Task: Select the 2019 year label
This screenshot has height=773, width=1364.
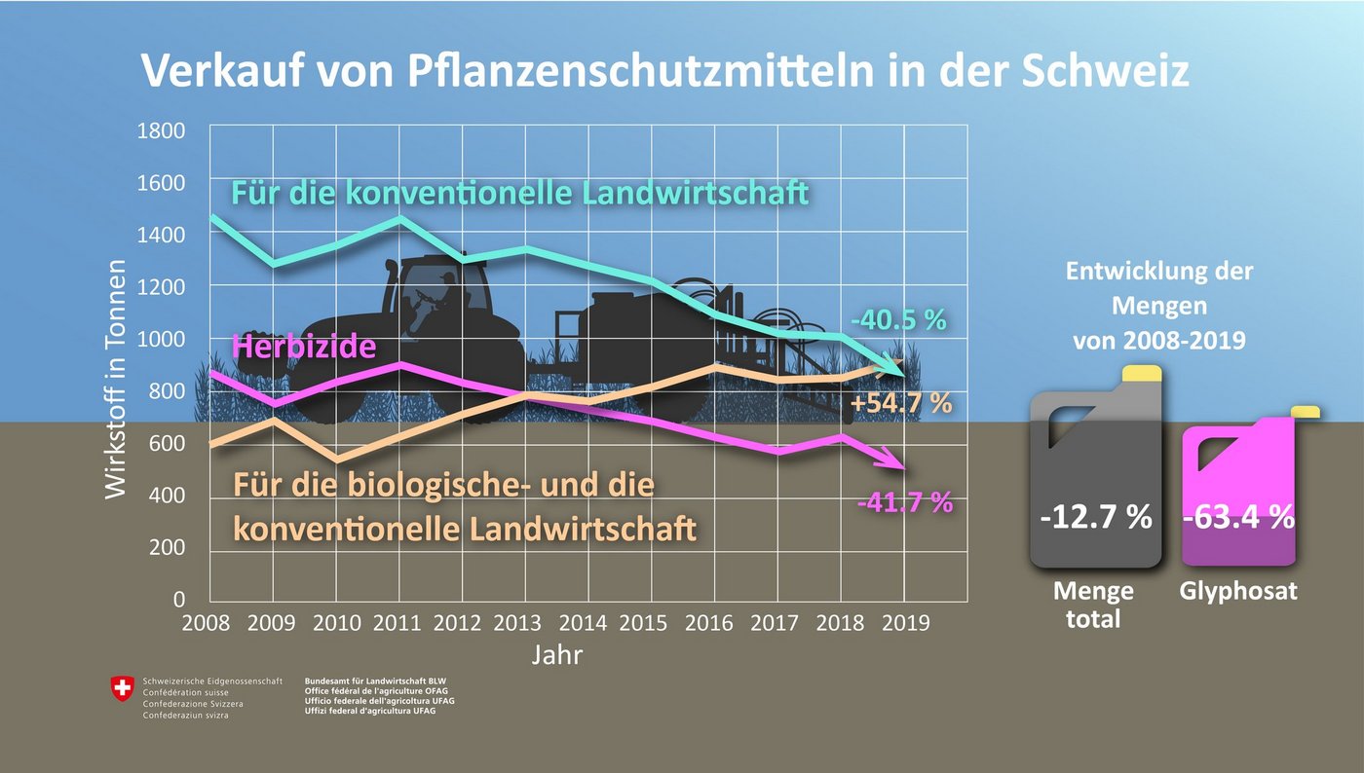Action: (x=904, y=623)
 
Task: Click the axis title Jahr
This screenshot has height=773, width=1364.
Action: (x=557, y=655)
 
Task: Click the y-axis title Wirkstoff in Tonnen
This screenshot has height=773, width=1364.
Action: (x=116, y=379)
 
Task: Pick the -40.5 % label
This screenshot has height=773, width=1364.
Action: (x=898, y=319)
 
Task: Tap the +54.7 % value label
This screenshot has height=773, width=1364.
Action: (x=900, y=403)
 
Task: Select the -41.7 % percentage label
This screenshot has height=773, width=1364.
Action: (x=903, y=502)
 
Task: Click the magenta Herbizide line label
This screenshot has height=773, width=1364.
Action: (x=303, y=346)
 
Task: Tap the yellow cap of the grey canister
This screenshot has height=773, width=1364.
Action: (x=1141, y=374)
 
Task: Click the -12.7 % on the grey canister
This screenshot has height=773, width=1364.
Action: (x=1095, y=517)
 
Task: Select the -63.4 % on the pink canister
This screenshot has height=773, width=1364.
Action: (x=1238, y=517)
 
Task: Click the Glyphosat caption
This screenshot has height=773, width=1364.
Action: (x=1238, y=591)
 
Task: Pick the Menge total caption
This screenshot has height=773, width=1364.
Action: (x=1093, y=604)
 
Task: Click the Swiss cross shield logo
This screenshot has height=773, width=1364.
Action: (x=123, y=689)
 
